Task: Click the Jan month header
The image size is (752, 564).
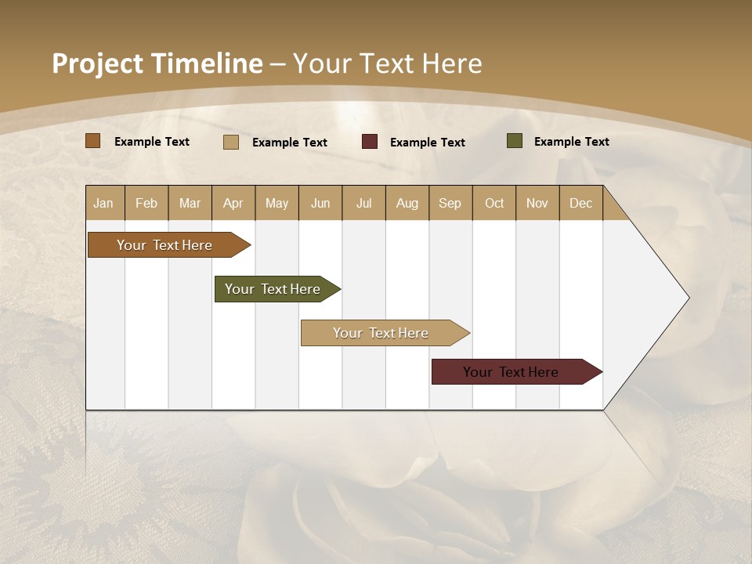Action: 103,203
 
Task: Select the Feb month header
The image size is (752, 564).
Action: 146,203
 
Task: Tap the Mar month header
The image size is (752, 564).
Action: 190,203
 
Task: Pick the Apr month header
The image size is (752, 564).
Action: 233,203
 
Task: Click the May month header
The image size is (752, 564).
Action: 277,203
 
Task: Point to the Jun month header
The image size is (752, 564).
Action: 320,203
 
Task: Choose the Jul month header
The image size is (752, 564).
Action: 363,203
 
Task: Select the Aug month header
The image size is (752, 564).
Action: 407,203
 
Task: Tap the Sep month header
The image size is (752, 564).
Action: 450,203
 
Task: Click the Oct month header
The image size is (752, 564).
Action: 494,203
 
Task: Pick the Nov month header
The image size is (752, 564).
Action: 537,203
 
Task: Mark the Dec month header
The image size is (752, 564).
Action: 581,203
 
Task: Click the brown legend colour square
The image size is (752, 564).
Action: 93,141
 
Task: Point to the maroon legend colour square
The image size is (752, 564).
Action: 370,142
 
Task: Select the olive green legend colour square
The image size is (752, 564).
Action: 515,141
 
